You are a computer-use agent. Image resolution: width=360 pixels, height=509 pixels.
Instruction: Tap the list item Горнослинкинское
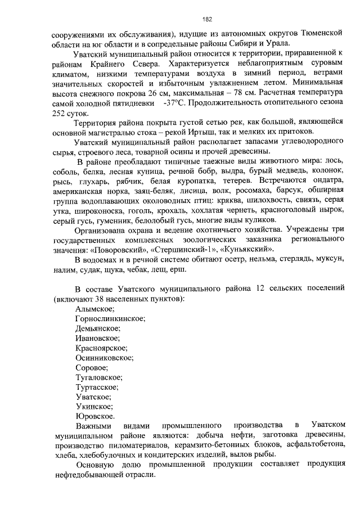pos(110,318)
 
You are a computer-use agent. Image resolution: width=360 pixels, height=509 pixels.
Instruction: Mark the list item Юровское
pos(94,416)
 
